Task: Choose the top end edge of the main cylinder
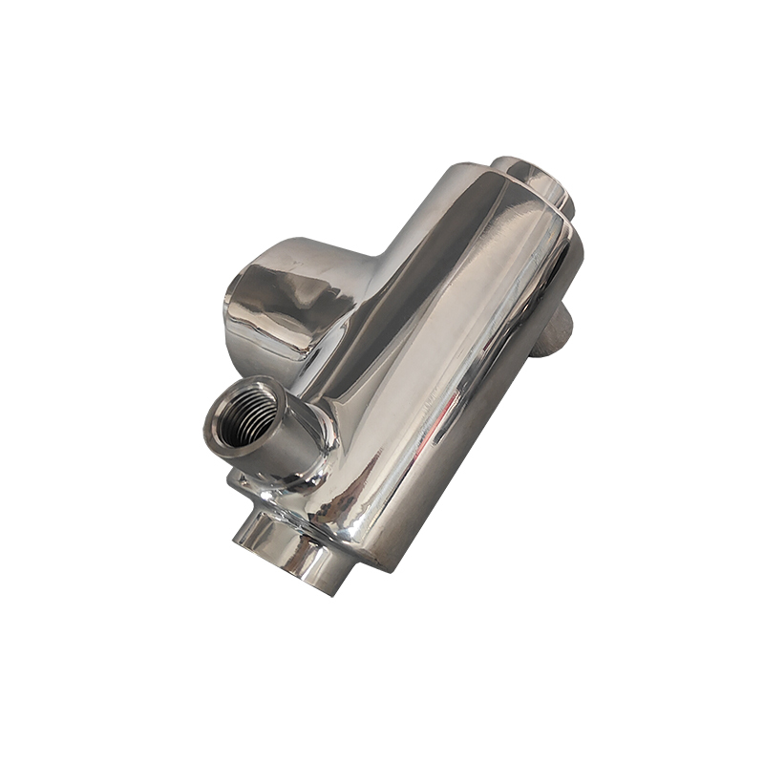pyautogui.click(x=506, y=191)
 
